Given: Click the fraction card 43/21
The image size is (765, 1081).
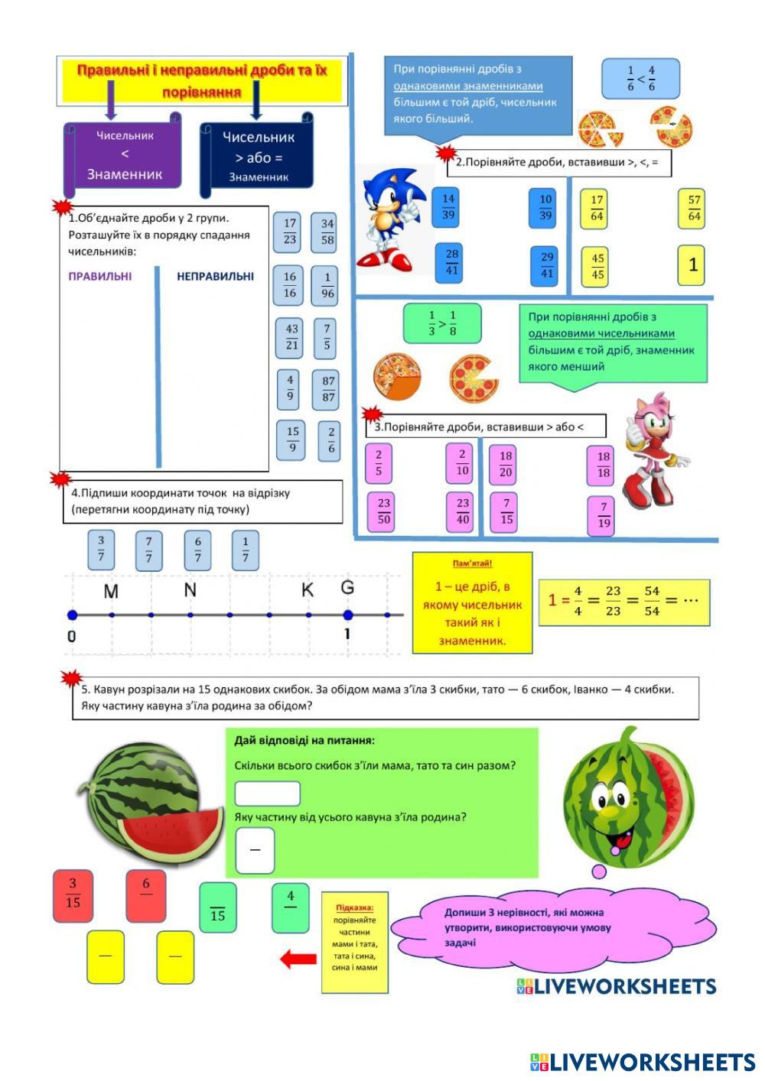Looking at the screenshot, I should click(291, 338).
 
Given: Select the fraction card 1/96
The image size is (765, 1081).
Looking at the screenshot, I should click(327, 285).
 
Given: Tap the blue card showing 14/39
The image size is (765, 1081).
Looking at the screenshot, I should click(448, 206).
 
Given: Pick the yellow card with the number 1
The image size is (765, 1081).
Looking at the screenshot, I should click(692, 265).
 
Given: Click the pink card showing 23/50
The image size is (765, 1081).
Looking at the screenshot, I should click(383, 511).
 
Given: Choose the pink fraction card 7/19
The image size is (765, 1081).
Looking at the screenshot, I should click(604, 515).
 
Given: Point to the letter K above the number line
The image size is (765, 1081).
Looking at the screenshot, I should click(308, 590).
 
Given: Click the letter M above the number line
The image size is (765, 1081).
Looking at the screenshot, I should click(111, 591).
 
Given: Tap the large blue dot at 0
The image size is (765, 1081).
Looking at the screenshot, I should click(72, 615).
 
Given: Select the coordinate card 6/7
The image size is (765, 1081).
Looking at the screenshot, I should click(197, 550).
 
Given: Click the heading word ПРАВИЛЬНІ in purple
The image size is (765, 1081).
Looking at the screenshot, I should click(100, 276).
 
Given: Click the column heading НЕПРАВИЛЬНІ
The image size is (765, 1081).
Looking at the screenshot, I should click(215, 276).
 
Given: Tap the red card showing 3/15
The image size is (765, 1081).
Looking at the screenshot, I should click(73, 893).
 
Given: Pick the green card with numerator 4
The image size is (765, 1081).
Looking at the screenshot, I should click(291, 907).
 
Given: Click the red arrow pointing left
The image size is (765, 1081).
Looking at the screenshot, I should click(298, 959).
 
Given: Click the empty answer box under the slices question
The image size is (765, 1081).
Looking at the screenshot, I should click(267, 793).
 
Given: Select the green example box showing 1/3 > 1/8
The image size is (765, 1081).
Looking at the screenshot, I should click(441, 323).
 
